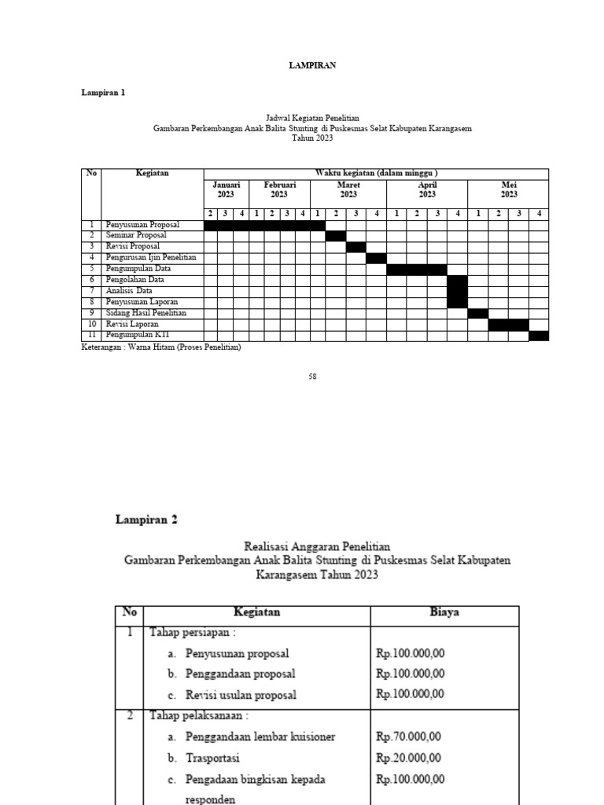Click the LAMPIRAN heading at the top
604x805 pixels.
pos(311,66)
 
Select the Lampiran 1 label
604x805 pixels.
pos(103,93)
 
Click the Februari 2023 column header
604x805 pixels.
pos(279,189)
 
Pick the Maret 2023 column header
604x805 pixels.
pos(348,189)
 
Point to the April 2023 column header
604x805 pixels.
pos(427,189)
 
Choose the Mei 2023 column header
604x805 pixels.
pos(509,189)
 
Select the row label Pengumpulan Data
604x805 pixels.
pos(138,269)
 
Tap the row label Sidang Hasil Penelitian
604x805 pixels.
pos(146,313)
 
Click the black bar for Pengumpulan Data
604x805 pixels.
pos(417,270)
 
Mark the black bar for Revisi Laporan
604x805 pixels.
pos(508,325)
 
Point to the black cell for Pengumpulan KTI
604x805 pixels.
pos(539,336)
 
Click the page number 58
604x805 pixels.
pos(312,377)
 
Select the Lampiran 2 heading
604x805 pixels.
pos(147,520)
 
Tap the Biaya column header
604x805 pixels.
pos(444,612)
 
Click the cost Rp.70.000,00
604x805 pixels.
pos(408,737)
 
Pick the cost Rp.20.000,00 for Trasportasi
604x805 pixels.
pos(408,759)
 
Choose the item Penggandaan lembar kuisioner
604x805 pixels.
pos(260,737)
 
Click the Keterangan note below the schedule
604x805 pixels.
pos(161,347)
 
